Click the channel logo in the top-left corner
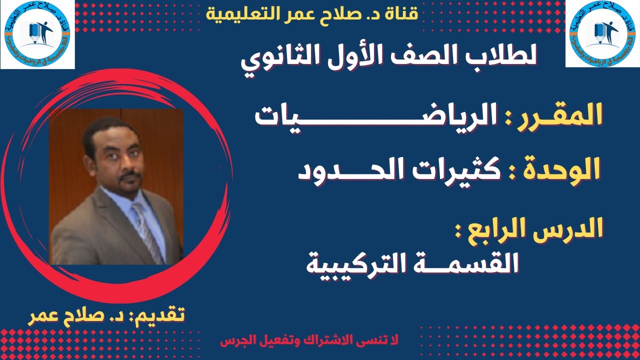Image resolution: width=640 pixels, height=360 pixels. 37,34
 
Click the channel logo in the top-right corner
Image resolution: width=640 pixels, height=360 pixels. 602,33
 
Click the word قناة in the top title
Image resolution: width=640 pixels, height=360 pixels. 403,14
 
